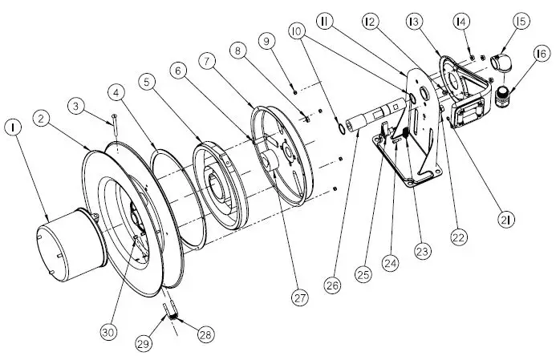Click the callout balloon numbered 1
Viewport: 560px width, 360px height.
point(13,127)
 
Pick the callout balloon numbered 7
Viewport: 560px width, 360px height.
point(208,62)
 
